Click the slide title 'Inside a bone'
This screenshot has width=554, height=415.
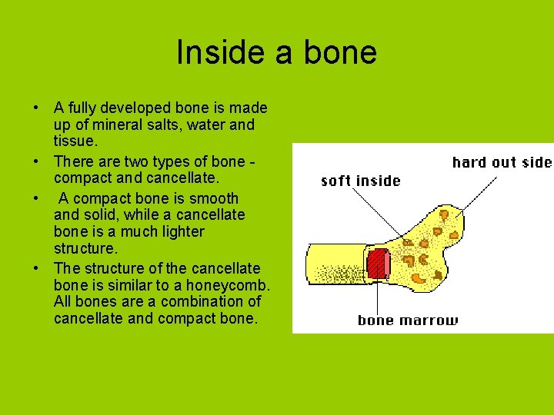(276, 52)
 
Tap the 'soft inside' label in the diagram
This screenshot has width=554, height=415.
(360, 181)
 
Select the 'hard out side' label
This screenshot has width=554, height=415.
(502, 162)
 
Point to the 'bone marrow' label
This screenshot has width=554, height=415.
(408, 320)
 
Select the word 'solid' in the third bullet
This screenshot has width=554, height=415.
(101, 215)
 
